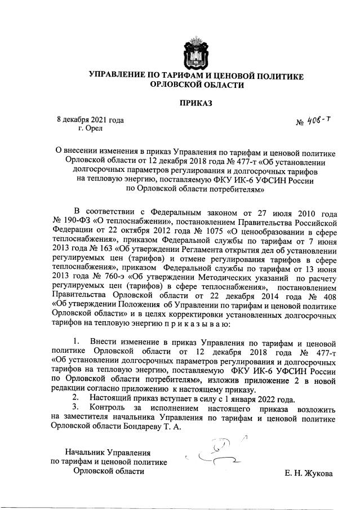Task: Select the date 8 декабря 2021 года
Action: click(x=90, y=119)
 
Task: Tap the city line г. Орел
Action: click(x=91, y=129)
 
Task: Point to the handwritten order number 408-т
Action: click(x=317, y=121)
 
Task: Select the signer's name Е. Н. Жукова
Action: click(x=309, y=473)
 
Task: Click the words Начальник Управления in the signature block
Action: click(x=108, y=453)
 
